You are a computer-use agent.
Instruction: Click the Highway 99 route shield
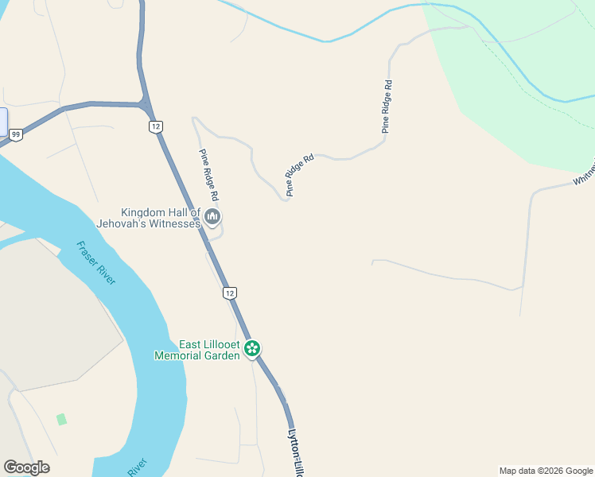pos(16,135)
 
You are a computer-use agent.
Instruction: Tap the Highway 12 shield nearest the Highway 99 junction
pos(155,126)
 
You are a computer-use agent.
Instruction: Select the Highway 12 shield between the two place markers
pos(230,293)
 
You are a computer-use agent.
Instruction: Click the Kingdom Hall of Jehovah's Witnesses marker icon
pos(212,216)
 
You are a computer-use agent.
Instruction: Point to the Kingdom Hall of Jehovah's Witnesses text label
pos(159,218)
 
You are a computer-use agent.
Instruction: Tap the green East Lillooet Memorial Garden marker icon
pos(252,348)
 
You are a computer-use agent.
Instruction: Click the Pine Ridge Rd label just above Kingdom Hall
pos(209,174)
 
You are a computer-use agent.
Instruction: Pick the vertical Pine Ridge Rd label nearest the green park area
pos(387,105)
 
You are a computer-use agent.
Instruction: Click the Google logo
pos(26,467)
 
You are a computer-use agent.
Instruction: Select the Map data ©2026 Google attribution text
pos(546,471)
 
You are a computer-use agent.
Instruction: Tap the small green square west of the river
pos(61,419)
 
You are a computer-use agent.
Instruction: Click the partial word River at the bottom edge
pos(138,467)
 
